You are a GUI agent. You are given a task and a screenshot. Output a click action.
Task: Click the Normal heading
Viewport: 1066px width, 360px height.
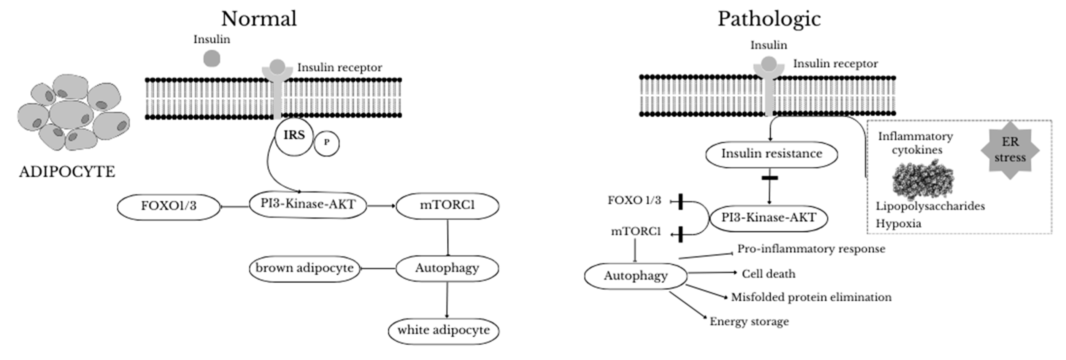coord(259,19)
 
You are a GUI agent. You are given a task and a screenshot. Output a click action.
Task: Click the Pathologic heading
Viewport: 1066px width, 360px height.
coord(769,19)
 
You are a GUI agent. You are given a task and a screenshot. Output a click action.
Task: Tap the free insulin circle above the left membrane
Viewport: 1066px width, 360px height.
coord(212,58)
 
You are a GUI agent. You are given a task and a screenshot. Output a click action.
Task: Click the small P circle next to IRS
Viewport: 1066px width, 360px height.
coord(326,143)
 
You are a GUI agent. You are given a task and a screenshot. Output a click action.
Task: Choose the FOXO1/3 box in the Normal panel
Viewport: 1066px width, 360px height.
coord(168,206)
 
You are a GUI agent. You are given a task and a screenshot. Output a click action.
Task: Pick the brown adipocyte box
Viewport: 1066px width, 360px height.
coord(305,268)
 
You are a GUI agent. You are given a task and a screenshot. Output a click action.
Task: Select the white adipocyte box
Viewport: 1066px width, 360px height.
coord(443,330)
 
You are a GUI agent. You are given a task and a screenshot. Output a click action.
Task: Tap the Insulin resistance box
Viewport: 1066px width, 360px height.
coord(772,154)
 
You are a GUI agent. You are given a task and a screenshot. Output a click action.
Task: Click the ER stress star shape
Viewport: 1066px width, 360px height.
coord(1010,150)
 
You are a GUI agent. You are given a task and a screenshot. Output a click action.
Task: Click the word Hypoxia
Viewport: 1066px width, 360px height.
coord(898,224)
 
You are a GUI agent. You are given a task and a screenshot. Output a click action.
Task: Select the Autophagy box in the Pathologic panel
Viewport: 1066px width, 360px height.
coord(635,276)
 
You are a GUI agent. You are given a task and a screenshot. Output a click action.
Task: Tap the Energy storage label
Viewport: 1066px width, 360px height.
coord(749,322)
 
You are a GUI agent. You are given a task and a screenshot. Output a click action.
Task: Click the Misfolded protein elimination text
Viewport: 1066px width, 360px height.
coord(811,297)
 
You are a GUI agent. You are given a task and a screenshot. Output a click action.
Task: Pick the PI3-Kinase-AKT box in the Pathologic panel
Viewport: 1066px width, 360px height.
coord(768,218)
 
